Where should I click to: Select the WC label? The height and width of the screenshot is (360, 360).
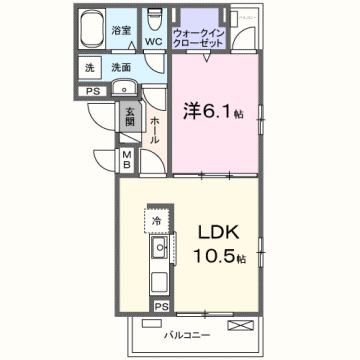click(x=153, y=42)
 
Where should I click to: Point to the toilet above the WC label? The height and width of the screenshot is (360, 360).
click(x=153, y=20)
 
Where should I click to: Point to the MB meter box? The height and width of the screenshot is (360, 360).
click(x=126, y=159)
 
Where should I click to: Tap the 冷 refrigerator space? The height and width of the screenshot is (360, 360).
click(x=156, y=219)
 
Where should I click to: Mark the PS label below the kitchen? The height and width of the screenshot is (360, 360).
click(x=160, y=304)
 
